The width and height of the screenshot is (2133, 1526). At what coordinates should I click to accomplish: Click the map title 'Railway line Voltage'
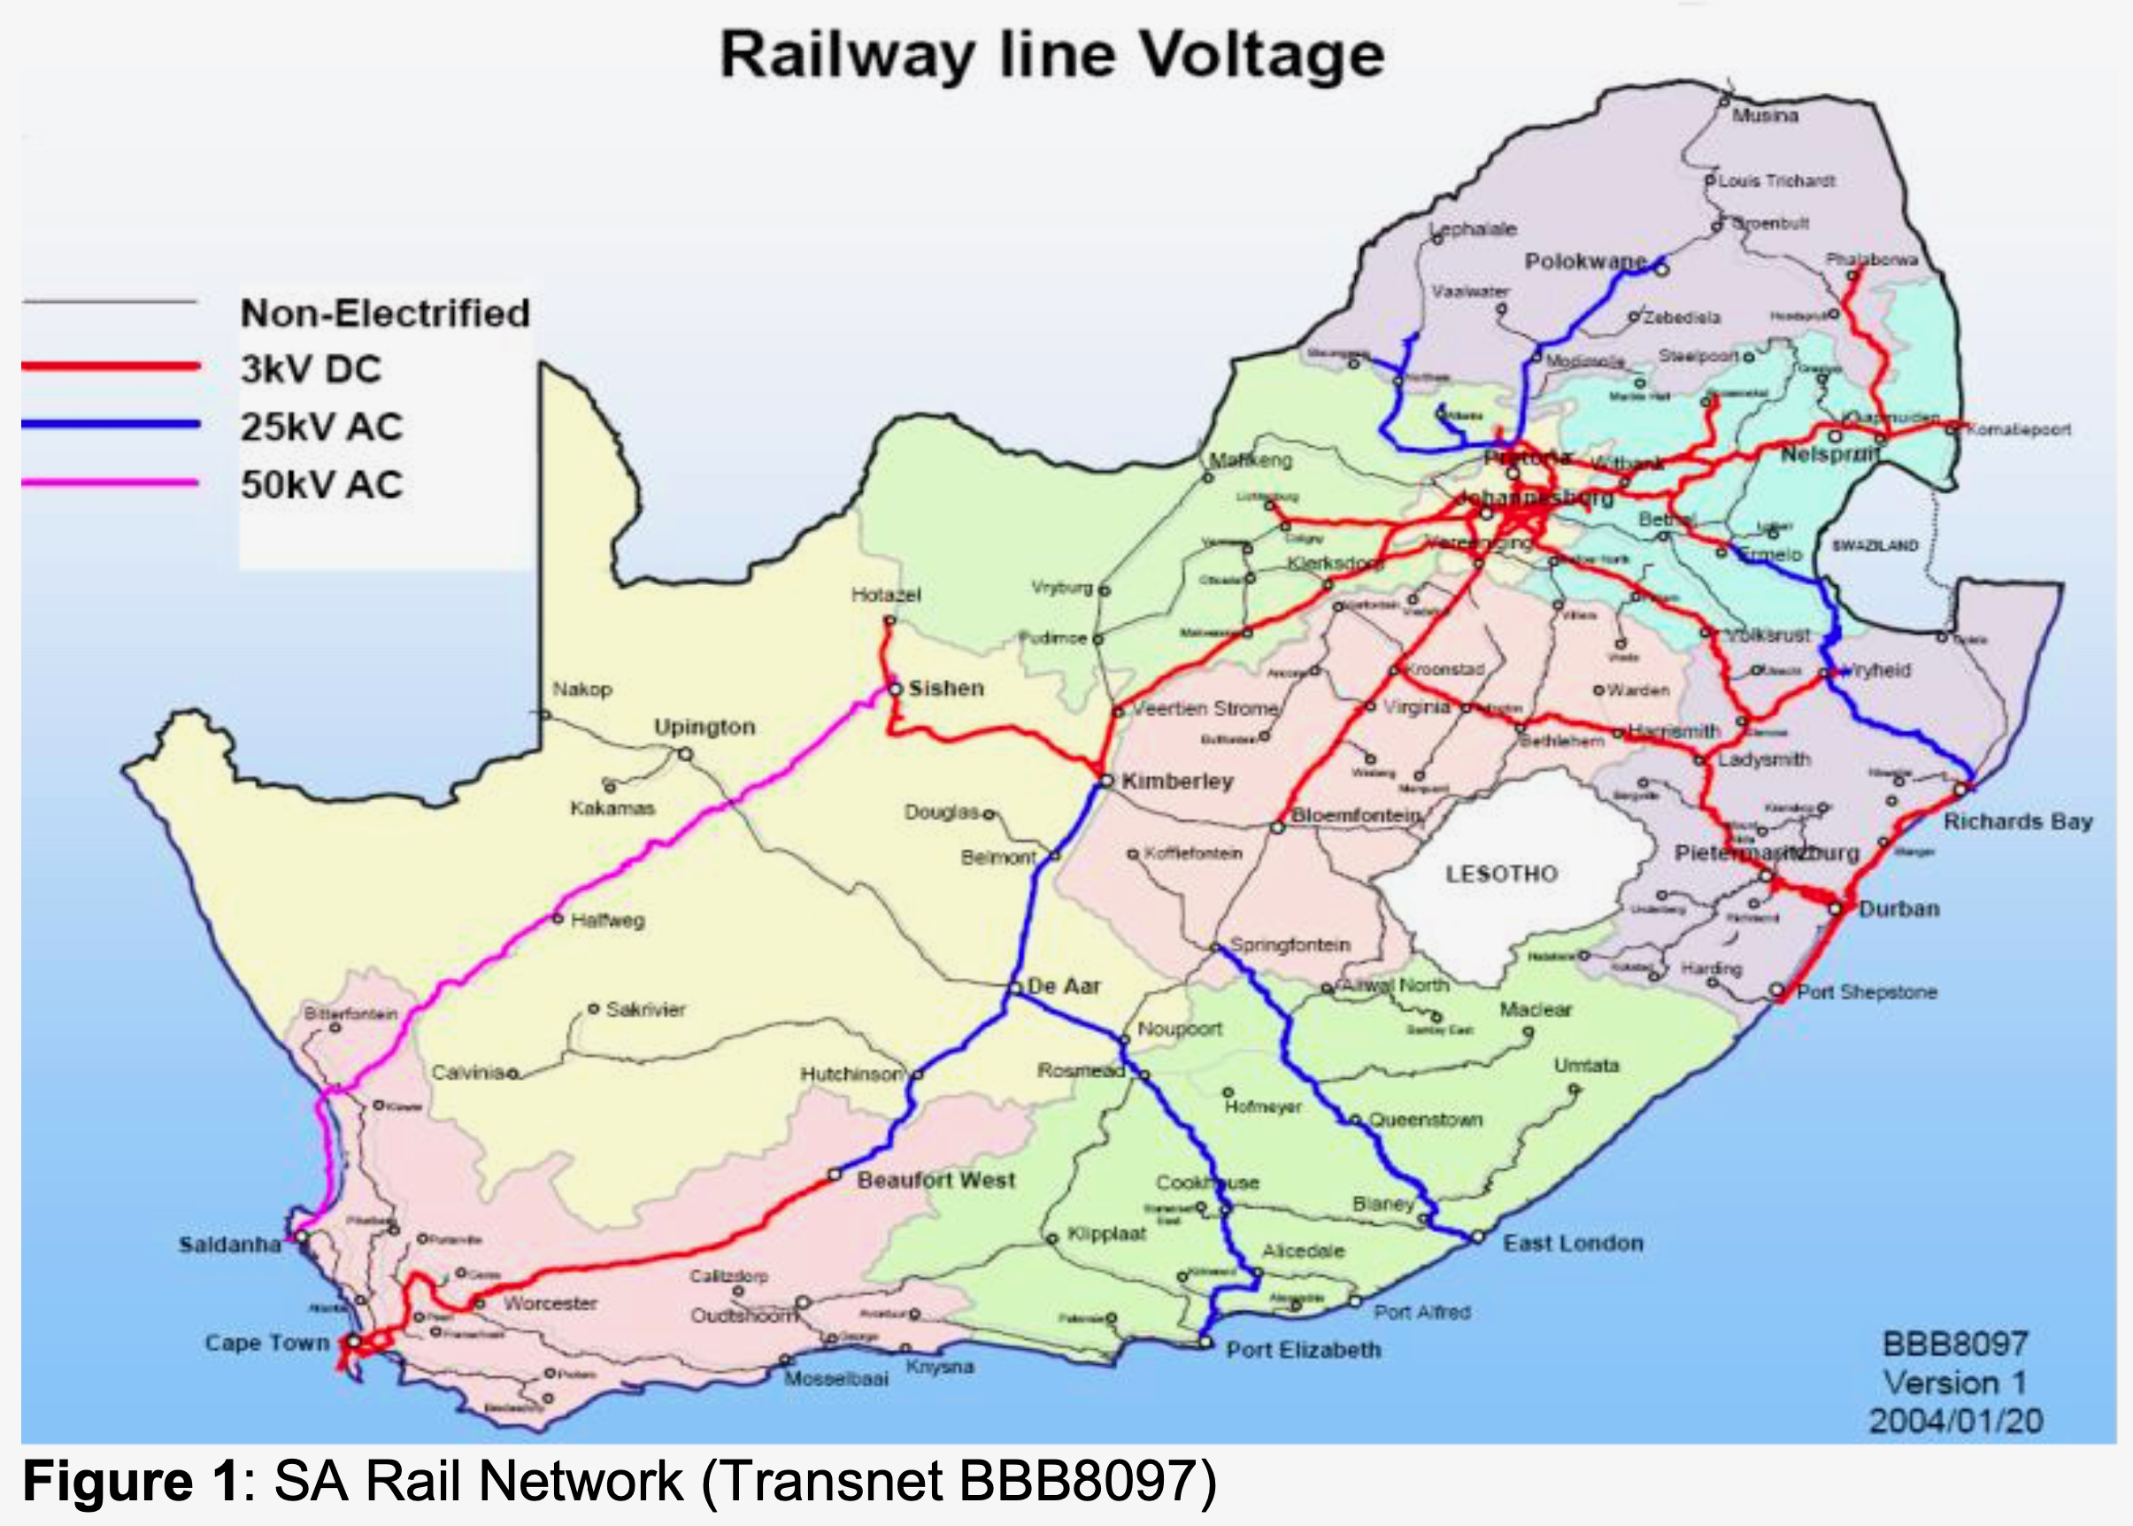click(x=1051, y=57)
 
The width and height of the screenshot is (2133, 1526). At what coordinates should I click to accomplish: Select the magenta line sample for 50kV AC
click(x=111, y=483)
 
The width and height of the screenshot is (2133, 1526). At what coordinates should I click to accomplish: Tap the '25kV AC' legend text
click(x=321, y=428)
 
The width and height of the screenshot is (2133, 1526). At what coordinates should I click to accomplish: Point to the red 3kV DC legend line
click(x=111, y=366)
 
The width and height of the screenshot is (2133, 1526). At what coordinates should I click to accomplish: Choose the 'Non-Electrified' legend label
click(x=385, y=314)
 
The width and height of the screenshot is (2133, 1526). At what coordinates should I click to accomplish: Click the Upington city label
click(x=704, y=728)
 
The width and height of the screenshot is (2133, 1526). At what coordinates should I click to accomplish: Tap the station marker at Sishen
click(x=896, y=690)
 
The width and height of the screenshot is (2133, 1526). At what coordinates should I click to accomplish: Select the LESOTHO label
click(x=1500, y=874)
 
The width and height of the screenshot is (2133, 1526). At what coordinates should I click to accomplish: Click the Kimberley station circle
click(x=1106, y=781)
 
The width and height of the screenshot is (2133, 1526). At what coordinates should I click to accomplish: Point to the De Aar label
click(x=1064, y=987)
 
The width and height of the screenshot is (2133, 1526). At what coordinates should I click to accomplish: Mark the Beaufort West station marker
click(x=835, y=1175)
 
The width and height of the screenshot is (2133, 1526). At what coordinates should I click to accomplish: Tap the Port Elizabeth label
click(x=1304, y=1350)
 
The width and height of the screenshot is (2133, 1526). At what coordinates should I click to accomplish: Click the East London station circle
click(x=1478, y=1237)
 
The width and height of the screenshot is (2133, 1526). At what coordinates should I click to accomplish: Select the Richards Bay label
click(x=2017, y=822)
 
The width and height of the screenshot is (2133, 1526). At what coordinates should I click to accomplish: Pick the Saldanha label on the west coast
click(x=230, y=1245)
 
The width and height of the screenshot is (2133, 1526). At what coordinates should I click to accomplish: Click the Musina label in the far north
click(x=1765, y=117)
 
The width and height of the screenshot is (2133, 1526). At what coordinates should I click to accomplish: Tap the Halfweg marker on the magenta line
click(x=558, y=918)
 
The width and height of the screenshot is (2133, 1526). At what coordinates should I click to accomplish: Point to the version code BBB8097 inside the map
click(x=1955, y=1344)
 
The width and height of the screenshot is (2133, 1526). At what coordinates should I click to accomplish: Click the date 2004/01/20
click(x=1955, y=1420)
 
